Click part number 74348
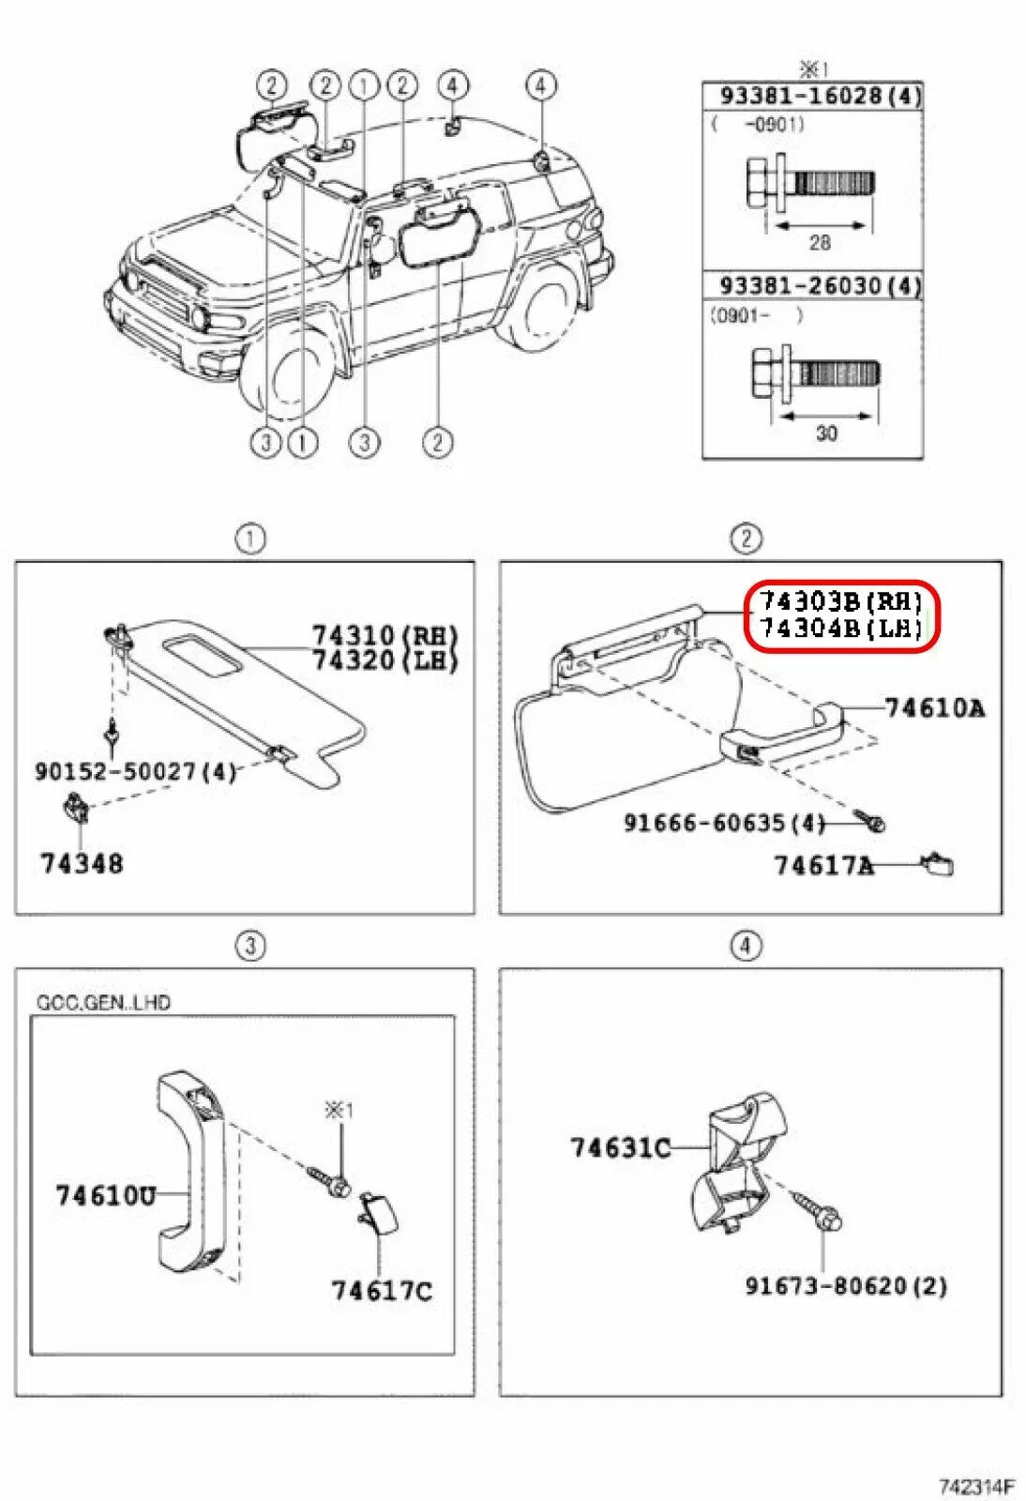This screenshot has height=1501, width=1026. (82, 863)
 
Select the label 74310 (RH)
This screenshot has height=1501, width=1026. (385, 636)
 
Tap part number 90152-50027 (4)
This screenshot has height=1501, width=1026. (135, 771)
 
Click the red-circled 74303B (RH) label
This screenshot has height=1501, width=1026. (839, 601)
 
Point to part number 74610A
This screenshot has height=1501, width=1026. (934, 707)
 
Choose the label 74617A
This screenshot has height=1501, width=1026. (823, 865)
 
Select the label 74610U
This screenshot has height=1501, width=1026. (105, 1195)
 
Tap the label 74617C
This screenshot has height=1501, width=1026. (382, 1291)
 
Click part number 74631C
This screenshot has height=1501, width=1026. (620, 1146)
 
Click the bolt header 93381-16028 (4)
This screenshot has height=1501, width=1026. (820, 96)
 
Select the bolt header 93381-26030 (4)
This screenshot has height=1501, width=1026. (820, 285)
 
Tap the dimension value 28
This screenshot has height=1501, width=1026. (820, 243)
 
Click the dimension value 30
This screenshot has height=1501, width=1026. (825, 433)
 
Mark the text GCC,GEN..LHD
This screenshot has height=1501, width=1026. (103, 1003)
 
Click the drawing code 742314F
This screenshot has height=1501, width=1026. (977, 1486)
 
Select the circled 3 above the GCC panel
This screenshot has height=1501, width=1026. (249, 946)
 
